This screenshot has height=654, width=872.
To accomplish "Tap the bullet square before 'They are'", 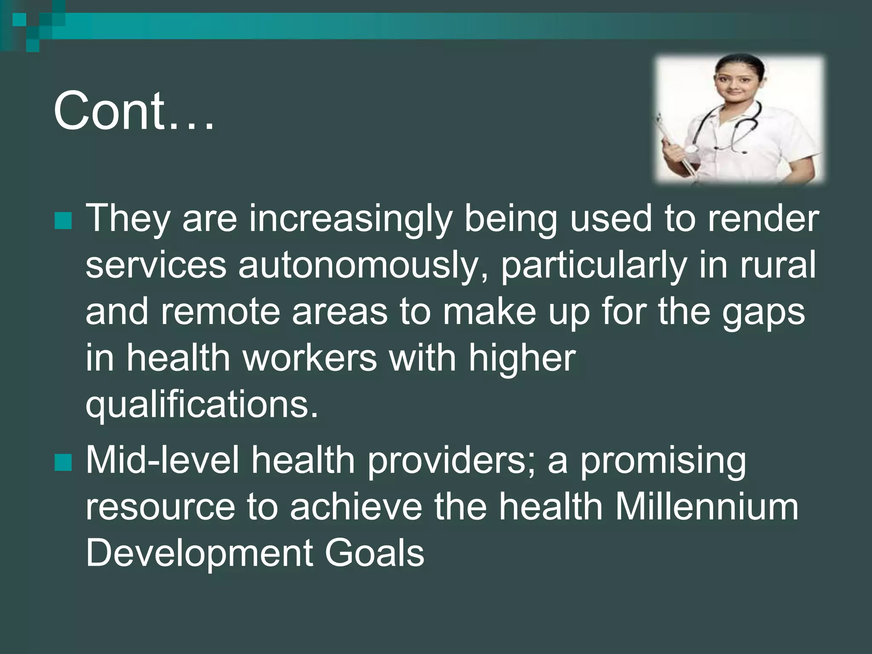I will pos(63,221).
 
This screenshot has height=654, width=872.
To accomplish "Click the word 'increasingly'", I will pos(350,220).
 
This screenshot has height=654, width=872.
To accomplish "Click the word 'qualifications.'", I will pos(202,405).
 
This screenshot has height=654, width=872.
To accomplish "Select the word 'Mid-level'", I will pos(162,460).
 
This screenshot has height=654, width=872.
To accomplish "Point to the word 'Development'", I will pos(199,555).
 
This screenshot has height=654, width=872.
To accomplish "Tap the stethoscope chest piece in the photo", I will pos(690,149).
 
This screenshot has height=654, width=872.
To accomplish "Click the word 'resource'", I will pos(160,508).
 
